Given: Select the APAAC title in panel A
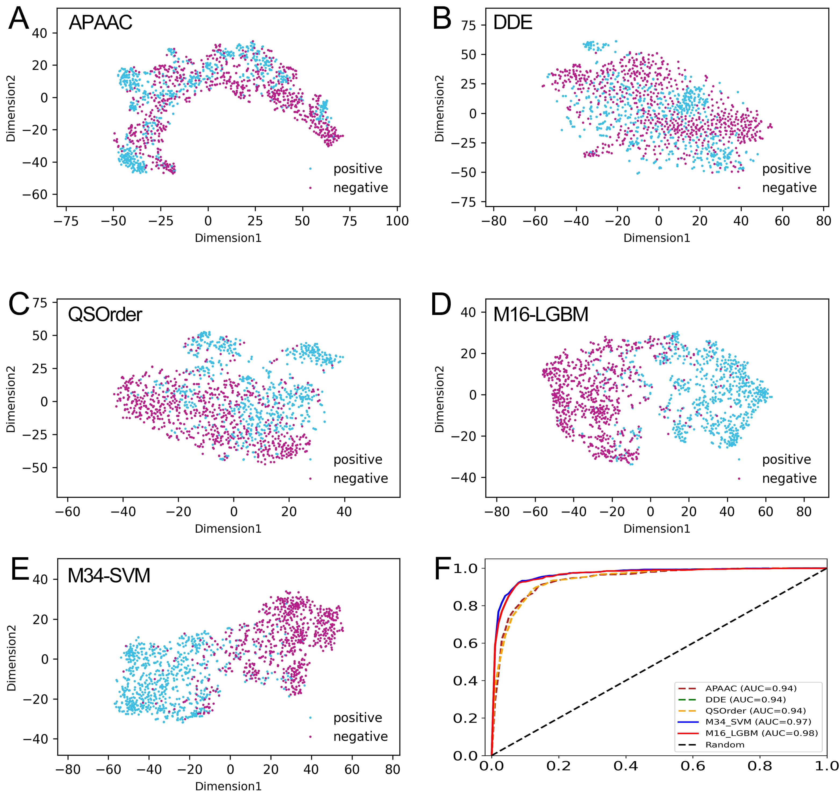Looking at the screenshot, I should tap(100, 23).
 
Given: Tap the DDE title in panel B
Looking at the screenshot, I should tap(513, 23).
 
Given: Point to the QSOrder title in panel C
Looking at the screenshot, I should tap(105, 314).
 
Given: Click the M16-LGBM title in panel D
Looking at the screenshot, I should tap(541, 314).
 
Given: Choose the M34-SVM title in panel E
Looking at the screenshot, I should tap(109, 576).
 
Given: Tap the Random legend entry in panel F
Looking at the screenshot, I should tap(725, 744).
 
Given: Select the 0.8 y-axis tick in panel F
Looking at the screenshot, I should tap(465, 606).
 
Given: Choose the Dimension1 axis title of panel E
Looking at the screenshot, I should tap(228, 786).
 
